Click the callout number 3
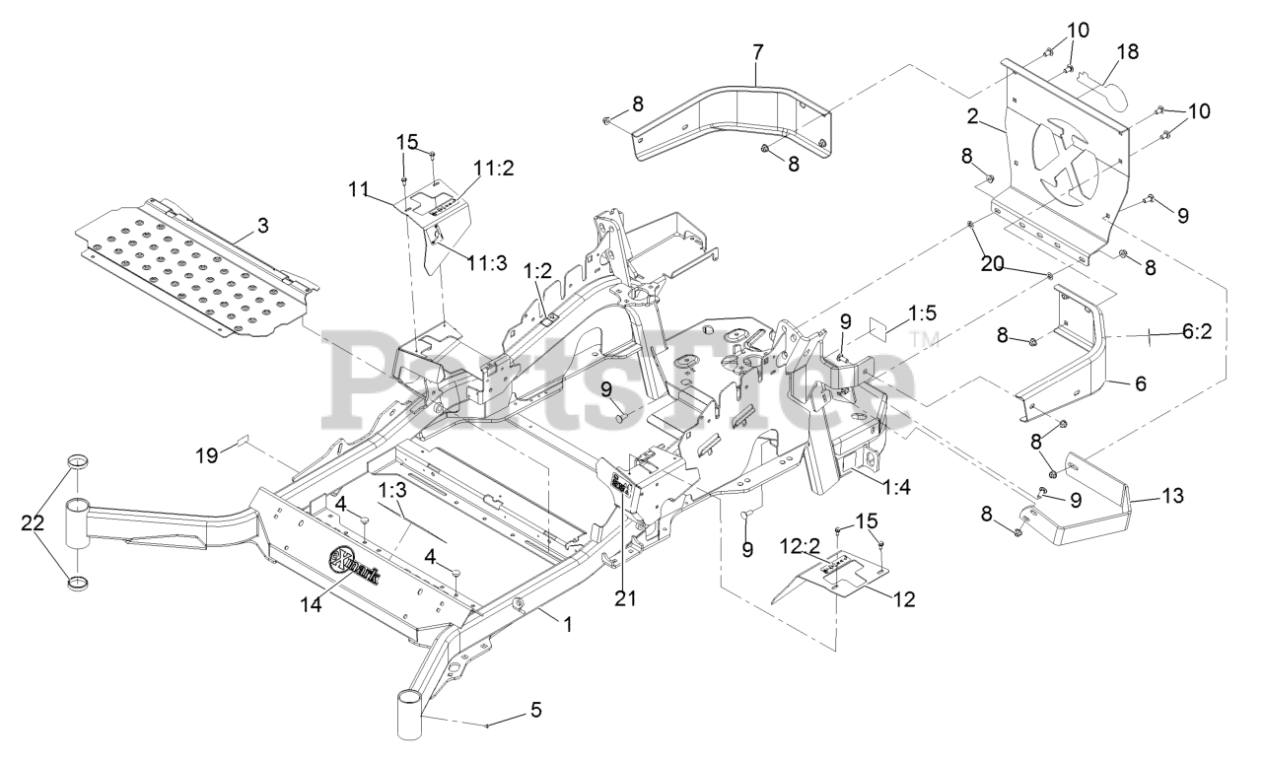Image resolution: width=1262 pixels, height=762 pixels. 262,225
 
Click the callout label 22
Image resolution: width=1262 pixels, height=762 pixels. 34,522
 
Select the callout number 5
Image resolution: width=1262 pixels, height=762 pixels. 534,708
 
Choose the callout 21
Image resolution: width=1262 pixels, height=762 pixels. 619,596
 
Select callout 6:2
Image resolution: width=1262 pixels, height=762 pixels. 1197,334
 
